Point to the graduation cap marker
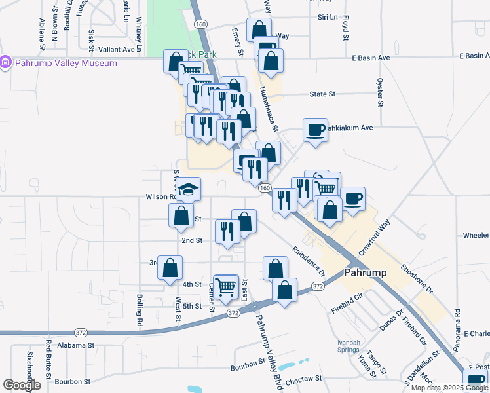tap(189, 189)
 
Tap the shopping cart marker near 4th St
tap(226, 287)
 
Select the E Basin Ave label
tap(369, 58)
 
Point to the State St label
tap(322, 94)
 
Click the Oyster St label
tap(379, 92)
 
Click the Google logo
tap(22, 385)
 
